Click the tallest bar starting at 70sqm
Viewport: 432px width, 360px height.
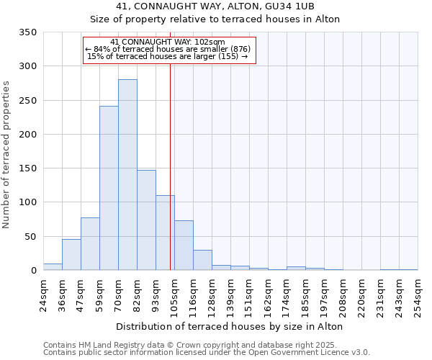point(127,175)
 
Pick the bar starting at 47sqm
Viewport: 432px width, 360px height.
point(90,244)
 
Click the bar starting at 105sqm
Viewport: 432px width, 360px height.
point(184,246)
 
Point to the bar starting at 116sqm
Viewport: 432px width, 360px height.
point(202,260)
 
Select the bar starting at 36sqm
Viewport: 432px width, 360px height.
point(71,255)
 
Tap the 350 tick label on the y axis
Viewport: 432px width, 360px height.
point(27,32)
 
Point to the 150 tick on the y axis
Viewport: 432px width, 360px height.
point(27,168)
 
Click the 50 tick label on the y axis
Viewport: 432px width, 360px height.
point(30,236)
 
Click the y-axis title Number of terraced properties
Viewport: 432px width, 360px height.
point(6,155)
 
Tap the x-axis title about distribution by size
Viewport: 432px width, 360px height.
point(229,326)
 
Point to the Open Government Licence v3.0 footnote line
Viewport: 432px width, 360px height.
point(206,353)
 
